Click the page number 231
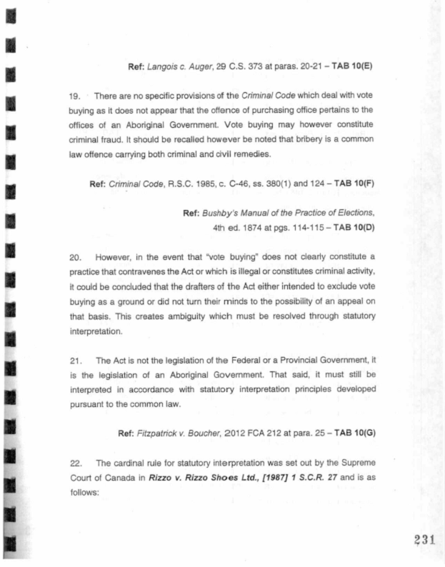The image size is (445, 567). coord(422,538)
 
